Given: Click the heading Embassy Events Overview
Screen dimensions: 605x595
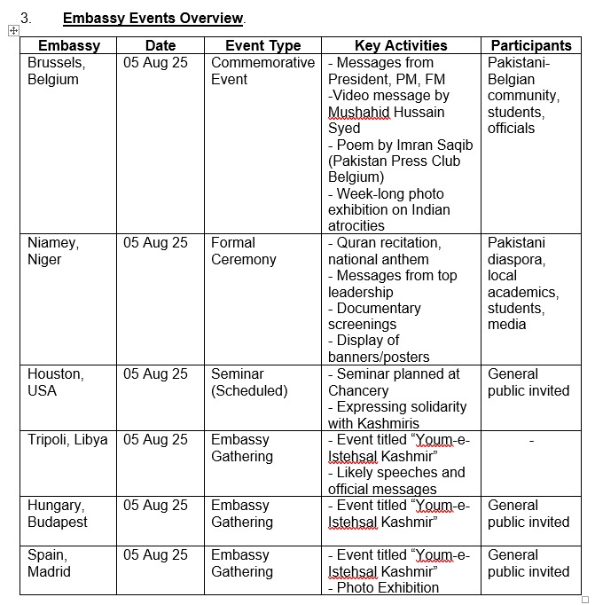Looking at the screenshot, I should click(153, 18).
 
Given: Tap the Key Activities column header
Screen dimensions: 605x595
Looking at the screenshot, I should click(401, 45).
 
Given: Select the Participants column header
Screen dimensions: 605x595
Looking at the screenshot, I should click(531, 45).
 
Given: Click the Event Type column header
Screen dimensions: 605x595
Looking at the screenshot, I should click(262, 45).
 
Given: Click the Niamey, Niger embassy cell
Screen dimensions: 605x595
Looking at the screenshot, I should click(53, 251).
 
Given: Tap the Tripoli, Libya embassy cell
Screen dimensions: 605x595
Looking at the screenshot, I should click(67, 440).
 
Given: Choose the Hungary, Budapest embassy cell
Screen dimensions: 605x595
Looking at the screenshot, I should click(58, 514).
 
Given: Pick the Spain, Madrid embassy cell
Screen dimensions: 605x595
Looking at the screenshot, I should click(50, 563).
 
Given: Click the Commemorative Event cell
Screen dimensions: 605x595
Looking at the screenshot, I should click(262, 71).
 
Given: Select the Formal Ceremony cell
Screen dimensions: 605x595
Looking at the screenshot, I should click(244, 251).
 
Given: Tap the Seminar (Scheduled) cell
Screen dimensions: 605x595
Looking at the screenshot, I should click(249, 382).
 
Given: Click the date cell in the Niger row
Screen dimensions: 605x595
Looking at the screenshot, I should click(155, 243).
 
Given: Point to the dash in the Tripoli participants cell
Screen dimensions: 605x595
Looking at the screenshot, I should click(531, 440).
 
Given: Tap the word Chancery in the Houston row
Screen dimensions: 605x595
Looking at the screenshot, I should click(358, 390).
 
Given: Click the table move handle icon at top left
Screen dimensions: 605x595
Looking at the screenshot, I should click(12, 30).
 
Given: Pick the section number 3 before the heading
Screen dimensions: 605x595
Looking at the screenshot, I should click(26, 18).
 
